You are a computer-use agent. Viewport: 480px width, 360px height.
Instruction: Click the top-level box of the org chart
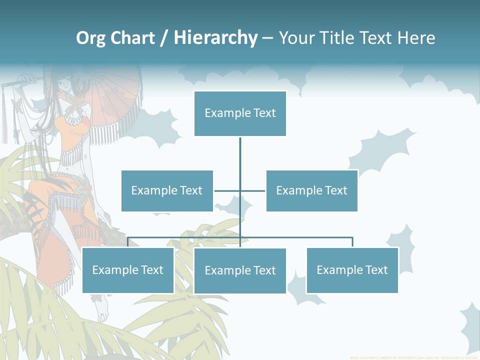click(240, 113)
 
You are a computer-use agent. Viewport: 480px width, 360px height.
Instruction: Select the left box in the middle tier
click(167, 190)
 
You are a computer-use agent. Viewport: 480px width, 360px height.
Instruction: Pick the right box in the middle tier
click(311, 190)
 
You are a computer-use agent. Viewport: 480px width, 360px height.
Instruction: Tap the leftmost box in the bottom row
click(128, 270)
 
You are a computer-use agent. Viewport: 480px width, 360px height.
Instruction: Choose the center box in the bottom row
click(240, 270)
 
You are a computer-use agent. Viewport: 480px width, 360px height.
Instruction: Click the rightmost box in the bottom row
click(352, 270)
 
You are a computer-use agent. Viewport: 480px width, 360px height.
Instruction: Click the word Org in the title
click(90, 38)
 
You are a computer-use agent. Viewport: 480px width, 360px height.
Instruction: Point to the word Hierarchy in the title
click(215, 38)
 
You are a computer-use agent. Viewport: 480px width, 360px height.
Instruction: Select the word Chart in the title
click(133, 38)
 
